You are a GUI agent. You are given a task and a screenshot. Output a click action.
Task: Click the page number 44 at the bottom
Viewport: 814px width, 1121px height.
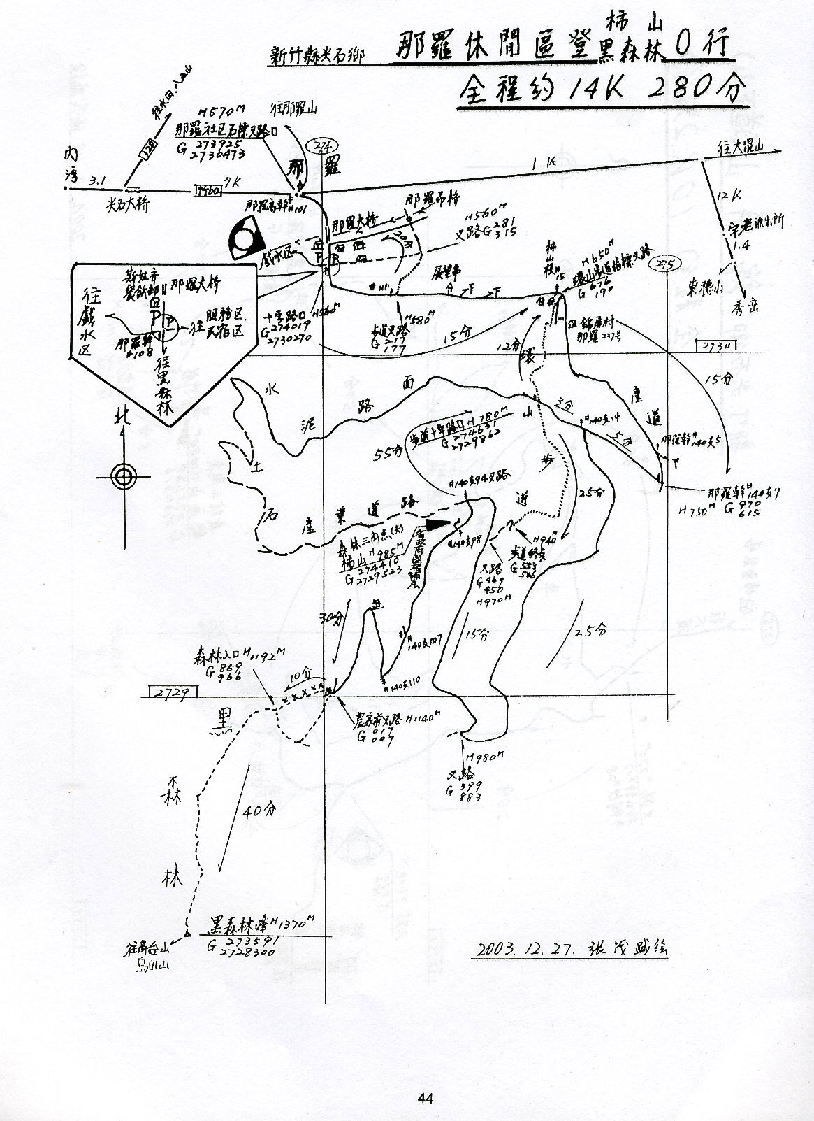(x=426, y=1099)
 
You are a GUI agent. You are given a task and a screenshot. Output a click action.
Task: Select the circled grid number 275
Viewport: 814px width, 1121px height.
(x=662, y=264)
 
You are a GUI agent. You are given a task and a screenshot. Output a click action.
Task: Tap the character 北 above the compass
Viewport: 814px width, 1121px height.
(x=124, y=417)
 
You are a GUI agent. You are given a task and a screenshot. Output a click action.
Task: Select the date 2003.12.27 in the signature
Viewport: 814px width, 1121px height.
(x=524, y=949)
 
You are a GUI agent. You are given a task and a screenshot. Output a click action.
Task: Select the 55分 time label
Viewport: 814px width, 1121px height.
(x=388, y=454)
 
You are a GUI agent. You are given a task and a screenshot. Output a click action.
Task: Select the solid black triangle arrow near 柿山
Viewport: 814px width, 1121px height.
(x=437, y=523)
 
